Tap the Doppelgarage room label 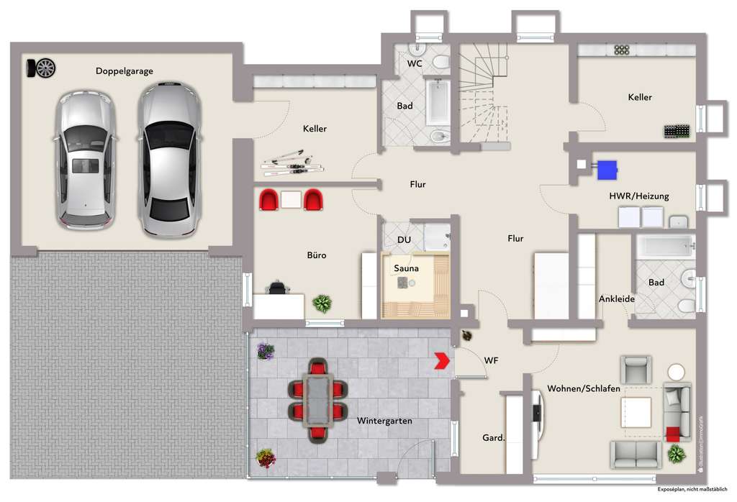pyautogui.click(x=124, y=71)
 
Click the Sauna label pyautogui.click(x=406, y=268)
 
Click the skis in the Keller pyautogui.click(x=292, y=163)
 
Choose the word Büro pyautogui.click(x=317, y=255)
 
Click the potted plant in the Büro pyautogui.click(x=322, y=303)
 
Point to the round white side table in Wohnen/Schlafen pyautogui.click(x=676, y=372)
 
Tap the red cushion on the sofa pyautogui.click(x=672, y=434)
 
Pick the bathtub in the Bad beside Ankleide pyautogui.click(x=664, y=247)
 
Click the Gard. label pyautogui.click(x=493, y=437)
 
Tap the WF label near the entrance pyautogui.click(x=492, y=360)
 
